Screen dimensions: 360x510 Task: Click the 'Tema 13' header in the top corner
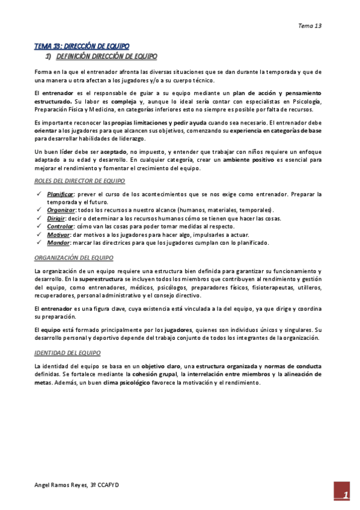tap(310, 26)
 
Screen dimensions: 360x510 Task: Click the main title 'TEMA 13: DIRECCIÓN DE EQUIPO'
tap(81, 46)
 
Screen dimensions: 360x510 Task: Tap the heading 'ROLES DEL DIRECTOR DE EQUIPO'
tap(79, 181)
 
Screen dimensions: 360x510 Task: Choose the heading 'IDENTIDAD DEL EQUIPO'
tap(67, 353)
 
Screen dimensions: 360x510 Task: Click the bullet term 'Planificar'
tap(60, 194)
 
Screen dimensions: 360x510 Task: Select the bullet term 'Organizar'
tap(61, 210)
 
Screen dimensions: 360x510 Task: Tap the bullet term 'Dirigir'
tap(56, 218)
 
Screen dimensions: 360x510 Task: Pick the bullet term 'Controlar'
tap(60, 226)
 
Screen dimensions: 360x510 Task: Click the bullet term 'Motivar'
tap(58, 235)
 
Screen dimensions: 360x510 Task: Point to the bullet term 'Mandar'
tap(58, 243)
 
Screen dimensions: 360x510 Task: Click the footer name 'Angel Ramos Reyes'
tap(61, 485)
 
